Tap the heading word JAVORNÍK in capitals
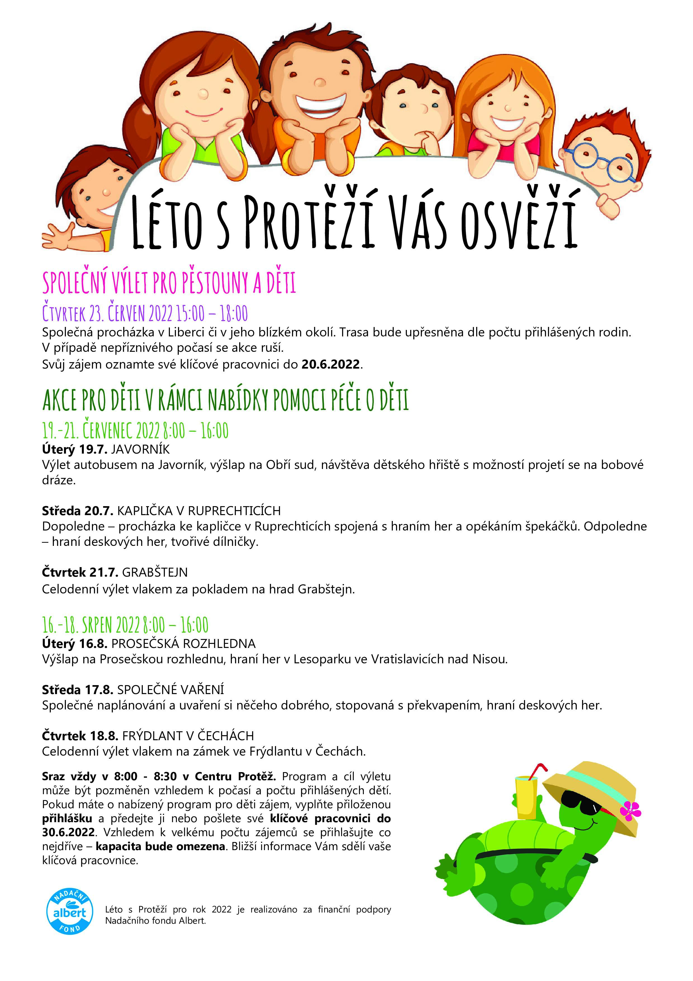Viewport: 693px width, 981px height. point(141,449)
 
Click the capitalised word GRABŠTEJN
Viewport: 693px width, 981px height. point(155,572)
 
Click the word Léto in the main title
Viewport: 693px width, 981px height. point(167,222)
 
